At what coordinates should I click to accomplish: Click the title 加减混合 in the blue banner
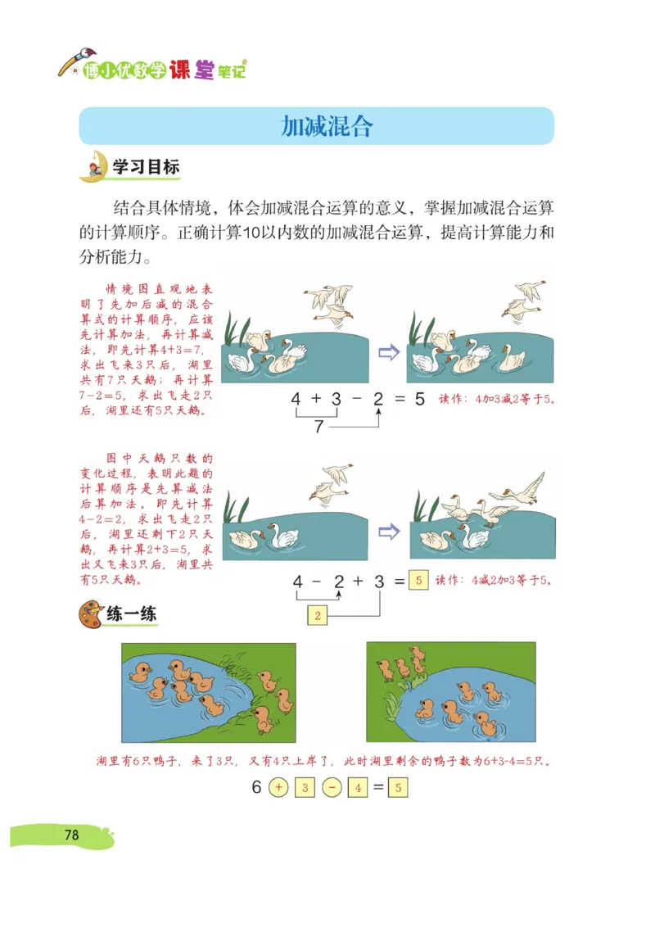click(x=327, y=125)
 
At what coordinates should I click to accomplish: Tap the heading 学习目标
click(x=146, y=168)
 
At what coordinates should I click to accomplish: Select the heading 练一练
click(x=131, y=613)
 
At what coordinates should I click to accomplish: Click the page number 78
click(x=71, y=835)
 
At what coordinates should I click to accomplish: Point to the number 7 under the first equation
click(x=319, y=427)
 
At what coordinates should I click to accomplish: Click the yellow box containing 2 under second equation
click(x=318, y=615)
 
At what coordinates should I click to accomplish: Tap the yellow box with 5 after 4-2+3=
click(x=418, y=581)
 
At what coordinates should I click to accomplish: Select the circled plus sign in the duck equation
click(x=278, y=788)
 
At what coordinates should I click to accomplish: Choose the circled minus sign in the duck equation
click(x=332, y=788)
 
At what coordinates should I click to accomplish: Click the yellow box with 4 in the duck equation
click(x=358, y=788)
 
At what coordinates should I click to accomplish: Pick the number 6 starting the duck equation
click(x=256, y=788)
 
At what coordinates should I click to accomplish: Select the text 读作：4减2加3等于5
click(x=494, y=581)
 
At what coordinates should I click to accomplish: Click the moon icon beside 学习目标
click(x=93, y=166)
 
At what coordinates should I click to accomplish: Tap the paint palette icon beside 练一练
click(x=91, y=614)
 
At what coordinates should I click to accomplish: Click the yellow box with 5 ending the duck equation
click(x=397, y=788)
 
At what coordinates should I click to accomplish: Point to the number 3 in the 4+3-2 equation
click(x=336, y=401)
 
